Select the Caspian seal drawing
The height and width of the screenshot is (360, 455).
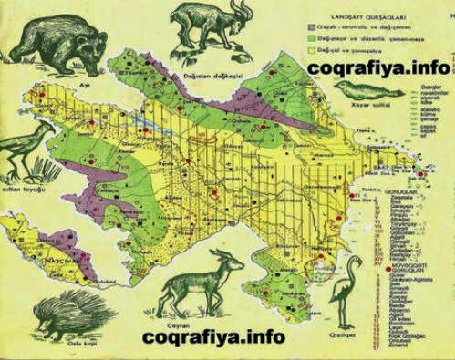368,91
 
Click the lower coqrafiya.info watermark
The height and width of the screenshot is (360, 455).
213,338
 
